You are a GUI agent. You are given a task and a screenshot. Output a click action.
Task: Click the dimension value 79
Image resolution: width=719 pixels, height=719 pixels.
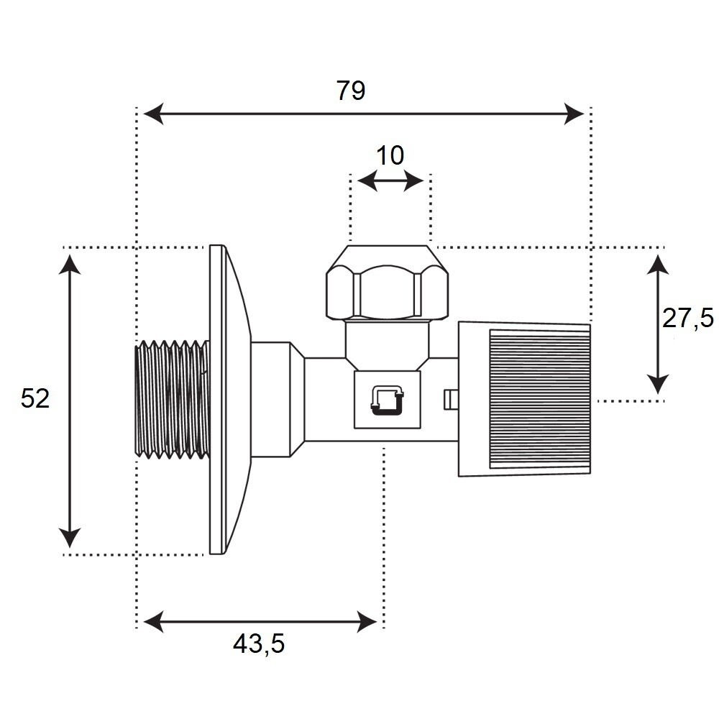[351, 91]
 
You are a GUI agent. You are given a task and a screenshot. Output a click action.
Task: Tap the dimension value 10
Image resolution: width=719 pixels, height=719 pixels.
[390, 156]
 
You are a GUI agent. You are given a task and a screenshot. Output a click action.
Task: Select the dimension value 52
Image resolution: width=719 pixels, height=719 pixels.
[35, 398]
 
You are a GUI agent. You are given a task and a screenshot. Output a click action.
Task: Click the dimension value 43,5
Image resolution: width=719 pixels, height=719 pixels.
[259, 644]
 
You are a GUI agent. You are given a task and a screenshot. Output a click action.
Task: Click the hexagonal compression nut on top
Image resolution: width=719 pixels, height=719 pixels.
[387, 283]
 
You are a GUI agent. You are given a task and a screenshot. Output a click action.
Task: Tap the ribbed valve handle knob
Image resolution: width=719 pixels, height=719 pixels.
[525, 399]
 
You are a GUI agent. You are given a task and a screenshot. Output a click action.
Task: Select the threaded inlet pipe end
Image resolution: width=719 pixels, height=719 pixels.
[173, 399]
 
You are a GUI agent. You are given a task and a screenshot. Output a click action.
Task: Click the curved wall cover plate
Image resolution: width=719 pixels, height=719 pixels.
[230, 399]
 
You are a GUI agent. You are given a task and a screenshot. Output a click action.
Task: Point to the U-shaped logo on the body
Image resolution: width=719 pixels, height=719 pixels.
[388, 400]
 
